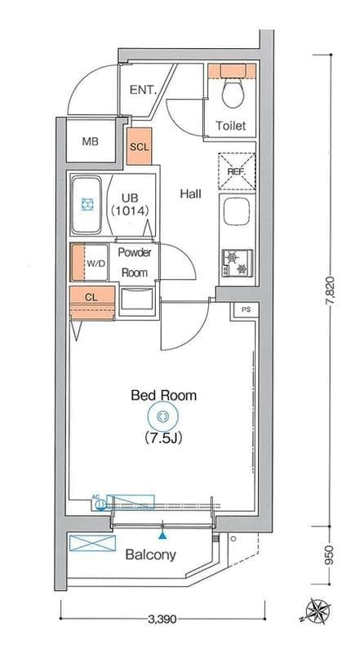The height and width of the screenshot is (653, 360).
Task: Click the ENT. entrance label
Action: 143,90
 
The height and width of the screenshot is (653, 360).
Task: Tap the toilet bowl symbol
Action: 233,93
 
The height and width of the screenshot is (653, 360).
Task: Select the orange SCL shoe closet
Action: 139,146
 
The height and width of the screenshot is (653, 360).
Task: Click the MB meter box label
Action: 90,141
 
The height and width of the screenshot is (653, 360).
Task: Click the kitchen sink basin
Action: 237,211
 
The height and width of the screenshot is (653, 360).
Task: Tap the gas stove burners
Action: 237,263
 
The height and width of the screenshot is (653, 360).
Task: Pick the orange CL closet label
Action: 91,297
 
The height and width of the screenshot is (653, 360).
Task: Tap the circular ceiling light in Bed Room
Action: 162,415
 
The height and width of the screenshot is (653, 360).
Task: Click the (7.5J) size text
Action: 164,438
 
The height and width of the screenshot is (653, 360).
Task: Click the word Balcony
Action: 151,555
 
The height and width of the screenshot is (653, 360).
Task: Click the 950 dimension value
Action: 330,555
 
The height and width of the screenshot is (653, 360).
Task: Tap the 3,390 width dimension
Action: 162,620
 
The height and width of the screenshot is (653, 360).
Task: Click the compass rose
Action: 317,611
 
